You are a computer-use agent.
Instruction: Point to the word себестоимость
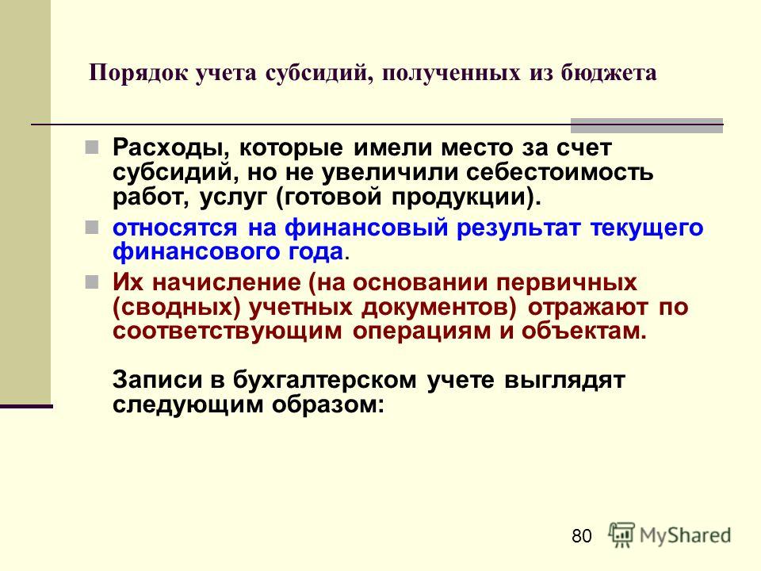tap(560, 172)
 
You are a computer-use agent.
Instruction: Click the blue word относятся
tap(174, 228)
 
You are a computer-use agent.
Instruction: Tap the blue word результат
tap(518, 228)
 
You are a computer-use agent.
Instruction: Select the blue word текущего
tap(647, 228)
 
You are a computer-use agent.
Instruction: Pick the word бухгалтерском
tap(325, 380)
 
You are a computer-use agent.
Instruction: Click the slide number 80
tap(581, 536)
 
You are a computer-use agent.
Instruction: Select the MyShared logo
tap(670, 535)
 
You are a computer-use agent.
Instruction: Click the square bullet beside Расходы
tap(91, 148)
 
